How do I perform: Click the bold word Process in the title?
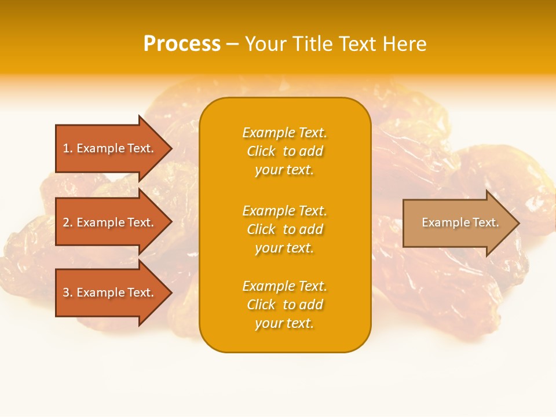pos(182,44)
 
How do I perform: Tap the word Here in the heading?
pos(404,44)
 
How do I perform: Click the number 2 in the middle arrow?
pos(67,222)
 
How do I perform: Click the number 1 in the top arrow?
pos(67,148)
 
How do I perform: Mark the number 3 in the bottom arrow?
pos(67,292)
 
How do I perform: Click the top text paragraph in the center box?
pos(284,151)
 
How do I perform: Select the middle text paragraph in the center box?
pos(284,229)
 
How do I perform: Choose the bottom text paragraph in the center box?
pos(284,305)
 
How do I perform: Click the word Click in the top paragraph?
pos(261,151)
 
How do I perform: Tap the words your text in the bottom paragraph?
pos(284,324)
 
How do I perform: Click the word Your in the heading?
pos(265,44)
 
